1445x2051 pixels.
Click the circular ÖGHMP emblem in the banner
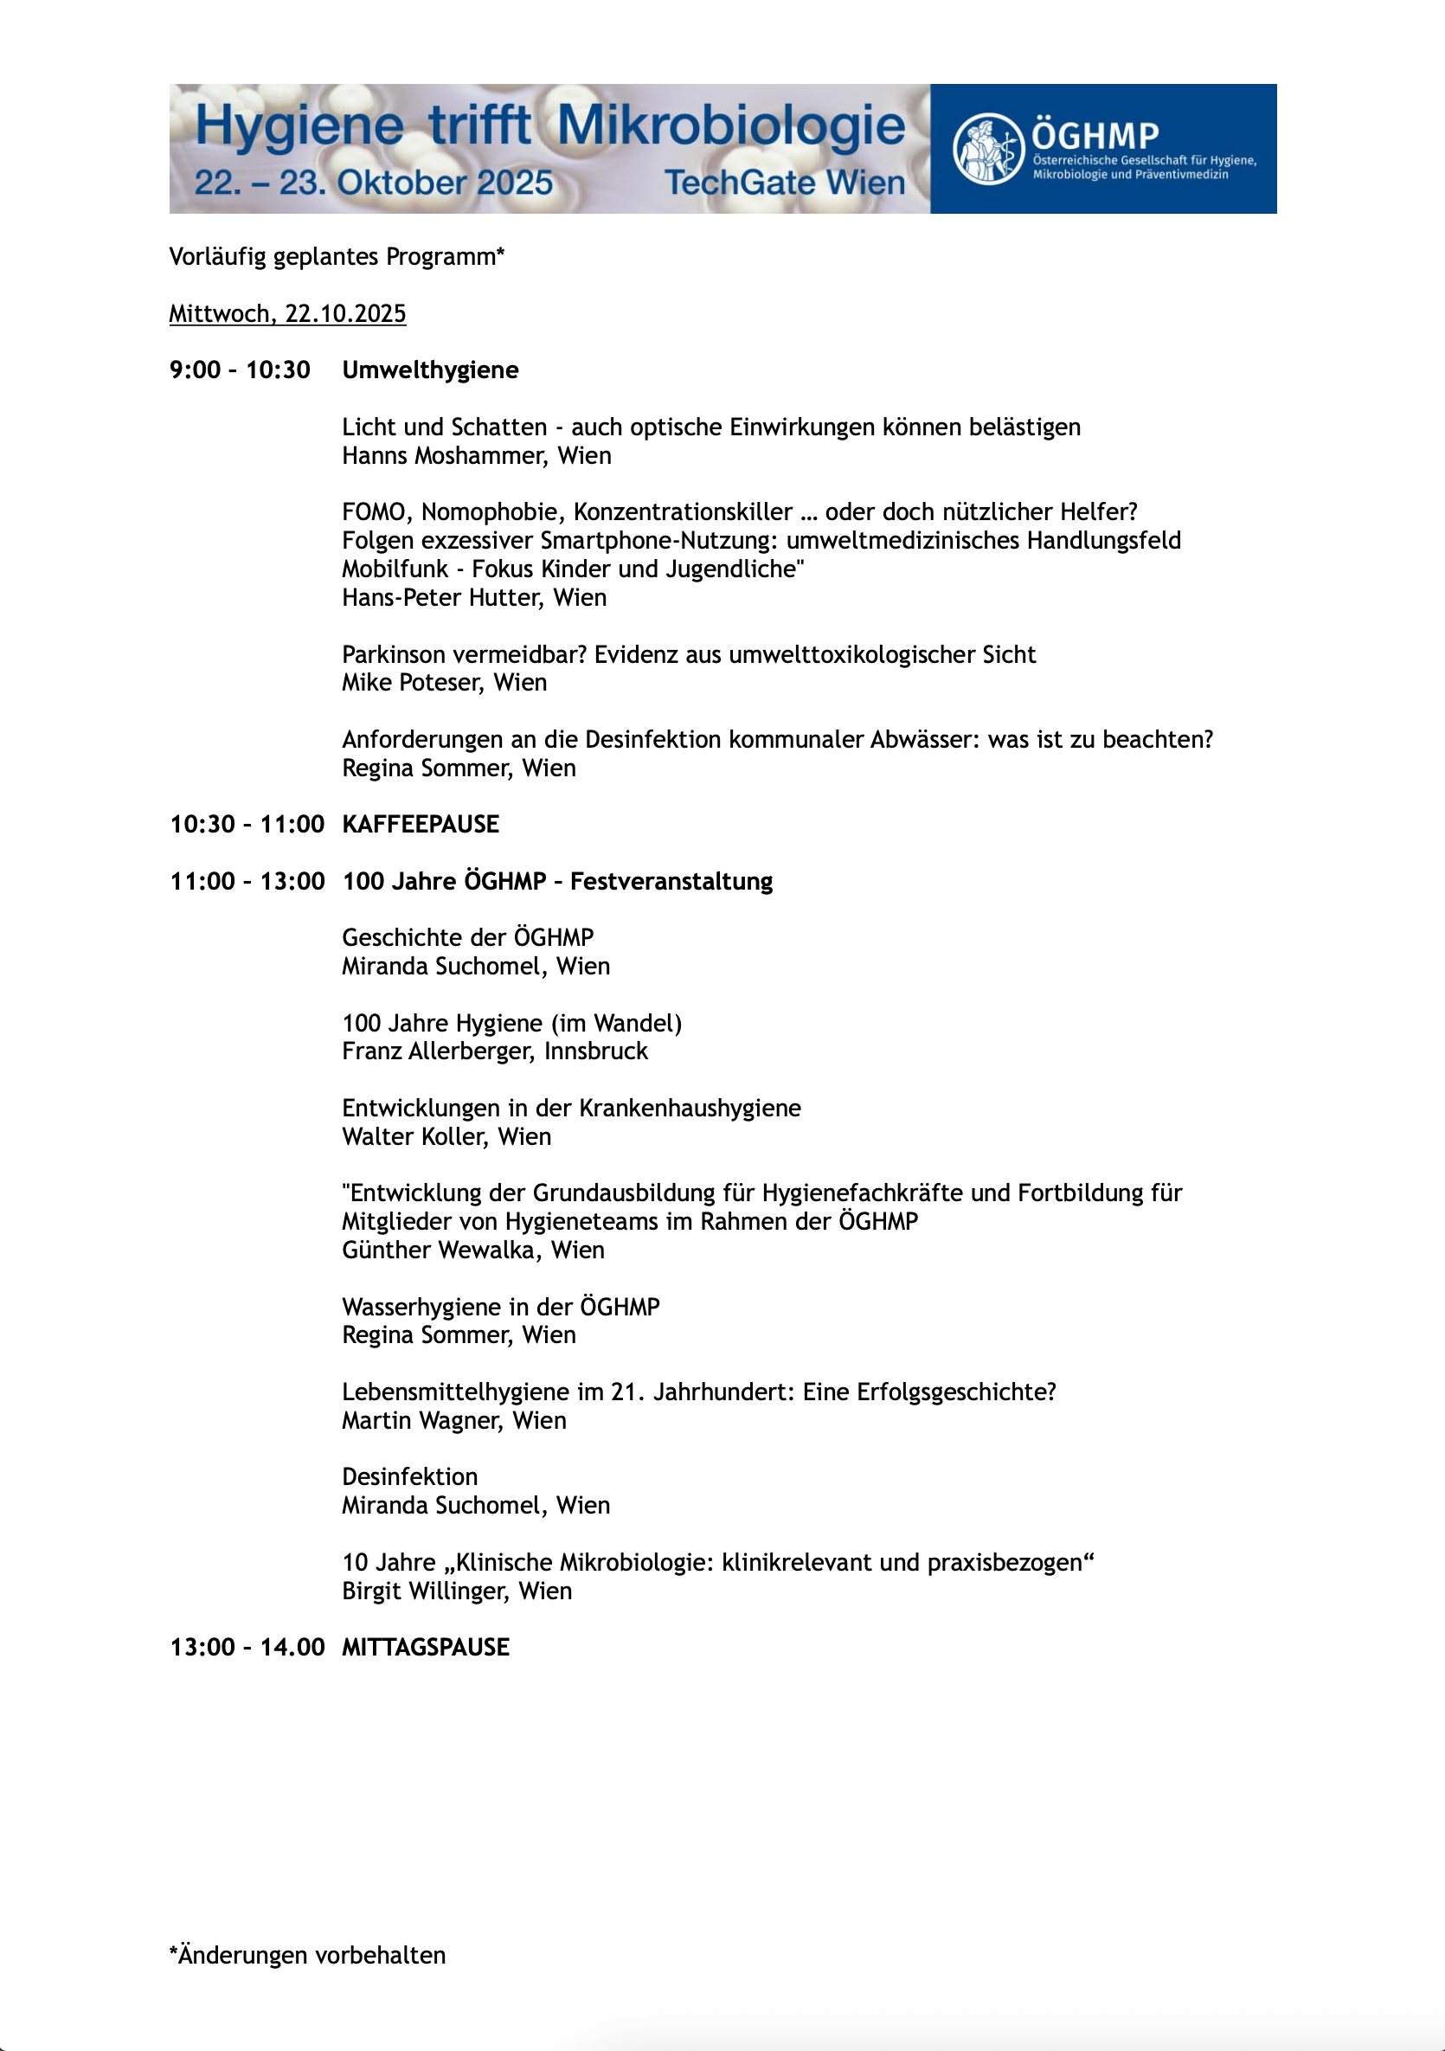click(x=987, y=148)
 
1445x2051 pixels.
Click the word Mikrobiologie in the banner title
click(x=730, y=125)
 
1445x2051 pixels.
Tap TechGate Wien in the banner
click(x=784, y=183)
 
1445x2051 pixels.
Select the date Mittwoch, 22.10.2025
click(x=287, y=313)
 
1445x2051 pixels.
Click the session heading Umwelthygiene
click(x=429, y=370)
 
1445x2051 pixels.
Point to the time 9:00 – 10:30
click(x=240, y=370)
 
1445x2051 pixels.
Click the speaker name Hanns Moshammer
click(x=444, y=455)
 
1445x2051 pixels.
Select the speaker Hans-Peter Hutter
click(x=441, y=598)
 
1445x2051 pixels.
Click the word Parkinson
click(x=389, y=655)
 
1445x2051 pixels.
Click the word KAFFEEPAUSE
click(x=421, y=824)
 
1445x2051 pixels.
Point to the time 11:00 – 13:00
click(x=247, y=881)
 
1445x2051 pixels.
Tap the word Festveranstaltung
click(x=671, y=881)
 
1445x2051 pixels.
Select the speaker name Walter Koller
click(x=414, y=1137)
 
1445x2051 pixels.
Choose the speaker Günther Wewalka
click(x=440, y=1251)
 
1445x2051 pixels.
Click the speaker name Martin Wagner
click(x=421, y=1420)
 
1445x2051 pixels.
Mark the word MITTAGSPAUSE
click(x=425, y=1647)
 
